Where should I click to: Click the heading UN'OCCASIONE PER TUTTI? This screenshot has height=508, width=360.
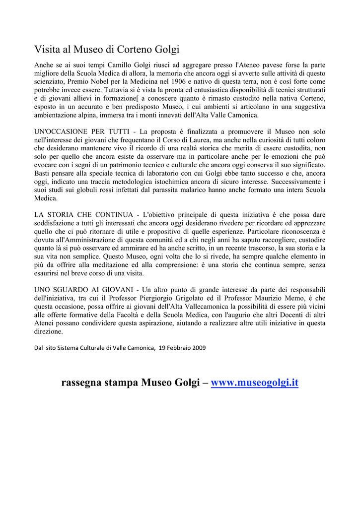point(82,131)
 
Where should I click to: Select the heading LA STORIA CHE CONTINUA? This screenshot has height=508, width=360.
point(83,214)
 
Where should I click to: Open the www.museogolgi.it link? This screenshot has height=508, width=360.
point(254,382)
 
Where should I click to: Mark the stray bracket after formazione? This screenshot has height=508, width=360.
point(137,98)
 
